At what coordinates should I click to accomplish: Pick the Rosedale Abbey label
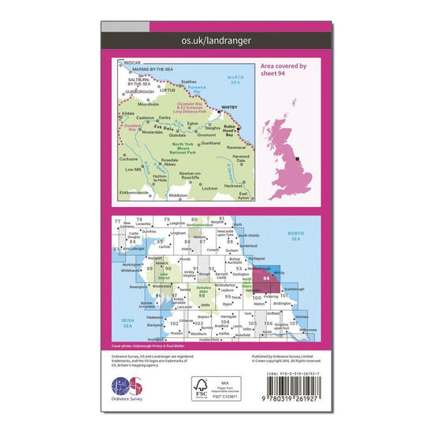pyautogui.click(x=172, y=163)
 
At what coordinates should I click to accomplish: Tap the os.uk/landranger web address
pyautogui.click(x=216, y=38)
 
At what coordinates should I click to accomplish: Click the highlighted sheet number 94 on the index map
pyautogui.click(x=266, y=279)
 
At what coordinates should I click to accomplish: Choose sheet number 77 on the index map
pyautogui.click(x=118, y=220)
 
